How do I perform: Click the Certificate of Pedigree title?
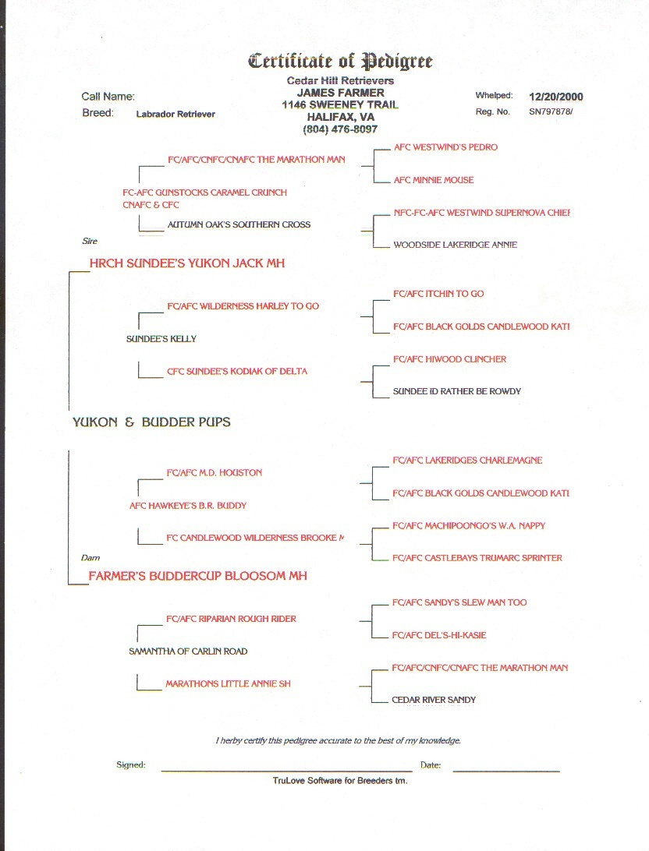click(x=340, y=61)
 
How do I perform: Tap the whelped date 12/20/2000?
click(x=555, y=97)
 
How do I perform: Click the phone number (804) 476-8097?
click(x=340, y=129)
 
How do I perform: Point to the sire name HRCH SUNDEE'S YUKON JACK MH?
click(x=187, y=263)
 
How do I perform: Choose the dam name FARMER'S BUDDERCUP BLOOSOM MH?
click(x=197, y=576)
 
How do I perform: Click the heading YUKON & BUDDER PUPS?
click(x=151, y=422)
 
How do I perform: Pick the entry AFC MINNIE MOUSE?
click(x=434, y=180)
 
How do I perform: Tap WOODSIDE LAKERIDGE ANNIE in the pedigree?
click(x=455, y=245)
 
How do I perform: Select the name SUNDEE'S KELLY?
click(x=161, y=339)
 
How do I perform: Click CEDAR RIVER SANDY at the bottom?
click(x=434, y=700)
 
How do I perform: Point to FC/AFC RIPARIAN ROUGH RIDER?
click(x=231, y=619)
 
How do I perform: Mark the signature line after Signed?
click(x=286, y=769)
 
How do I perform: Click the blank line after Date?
click(x=506, y=769)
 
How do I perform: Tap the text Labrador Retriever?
click(x=176, y=114)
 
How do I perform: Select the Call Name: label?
click(x=108, y=97)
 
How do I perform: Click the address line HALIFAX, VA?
click(x=340, y=117)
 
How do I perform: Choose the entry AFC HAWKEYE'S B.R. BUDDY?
click(x=188, y=506)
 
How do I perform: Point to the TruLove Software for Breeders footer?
click(x=340, y=780)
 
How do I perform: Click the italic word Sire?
click(x=90, y=242)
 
